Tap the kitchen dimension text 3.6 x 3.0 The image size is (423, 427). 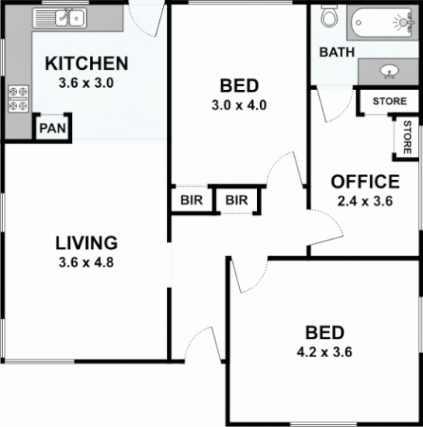pos(85,82)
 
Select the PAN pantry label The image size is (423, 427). pos(52,129)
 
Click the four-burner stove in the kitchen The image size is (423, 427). pos(18,99)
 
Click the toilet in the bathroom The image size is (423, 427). pos(329,16)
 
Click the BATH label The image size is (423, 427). pos(337,53)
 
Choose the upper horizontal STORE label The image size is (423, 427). pos(388,102)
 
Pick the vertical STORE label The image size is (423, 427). pos(406,137)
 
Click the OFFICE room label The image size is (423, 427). pos(365,182)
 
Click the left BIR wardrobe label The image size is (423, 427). pos(191,200)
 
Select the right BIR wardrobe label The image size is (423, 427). pos(236,200)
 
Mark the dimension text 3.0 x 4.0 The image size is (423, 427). pos(238,105)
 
